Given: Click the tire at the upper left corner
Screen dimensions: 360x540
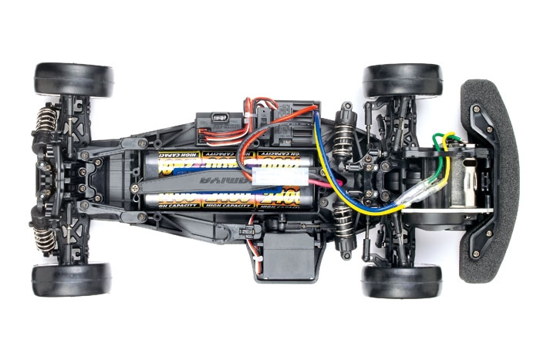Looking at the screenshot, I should click(x=73, y=79).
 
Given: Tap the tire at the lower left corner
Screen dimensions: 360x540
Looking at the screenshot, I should click(x=72, y=280).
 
